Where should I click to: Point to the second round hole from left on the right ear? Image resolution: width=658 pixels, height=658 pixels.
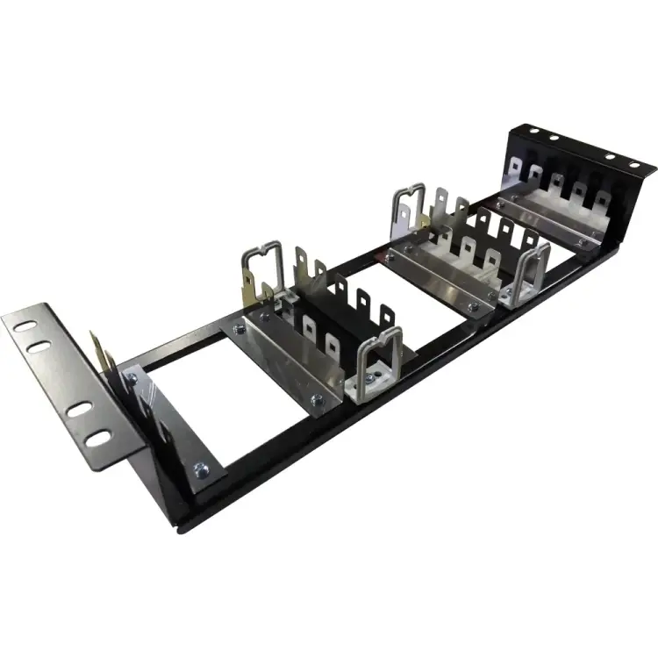[554, 139]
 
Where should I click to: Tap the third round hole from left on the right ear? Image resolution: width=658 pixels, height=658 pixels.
[611, 158]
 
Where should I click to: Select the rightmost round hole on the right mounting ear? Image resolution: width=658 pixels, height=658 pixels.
[632, 165]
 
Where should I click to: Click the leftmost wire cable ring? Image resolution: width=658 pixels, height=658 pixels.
[261, 268]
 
